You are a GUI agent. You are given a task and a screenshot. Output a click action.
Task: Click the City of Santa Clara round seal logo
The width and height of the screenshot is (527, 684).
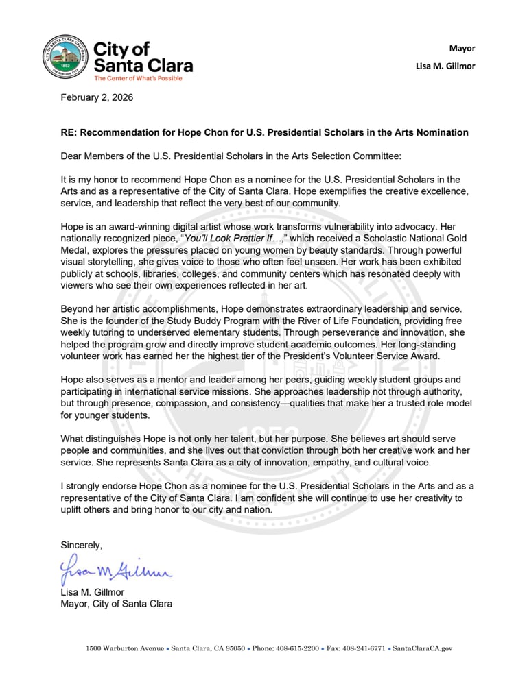(x=65, y=58)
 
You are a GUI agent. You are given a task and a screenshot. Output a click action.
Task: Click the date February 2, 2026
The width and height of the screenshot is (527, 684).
(x=97, y=97)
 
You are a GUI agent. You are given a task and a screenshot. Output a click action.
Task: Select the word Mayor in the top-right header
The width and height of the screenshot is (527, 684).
(x=462, y=48)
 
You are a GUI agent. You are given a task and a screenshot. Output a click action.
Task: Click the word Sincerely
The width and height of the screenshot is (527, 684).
(x=81, y=545)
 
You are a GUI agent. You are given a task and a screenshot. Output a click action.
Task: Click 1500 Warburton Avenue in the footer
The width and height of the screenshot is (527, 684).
(x=124, y=648)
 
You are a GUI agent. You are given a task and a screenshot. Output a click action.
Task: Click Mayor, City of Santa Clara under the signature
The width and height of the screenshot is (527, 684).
(x=116, y=604)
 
